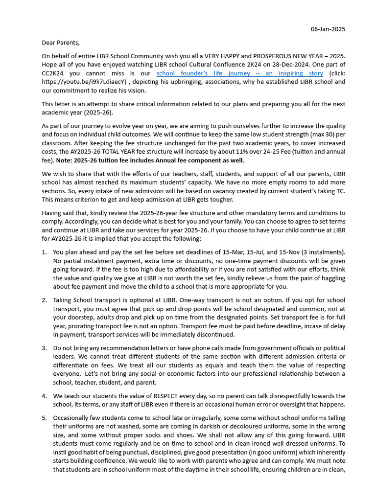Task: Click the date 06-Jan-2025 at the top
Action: pos(328,29)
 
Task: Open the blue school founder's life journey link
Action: pos(239,73)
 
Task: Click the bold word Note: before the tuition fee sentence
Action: pos(66,160)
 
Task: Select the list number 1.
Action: pos(44,252)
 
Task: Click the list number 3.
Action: pos(44,348)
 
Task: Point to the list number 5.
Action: pos(44,418)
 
